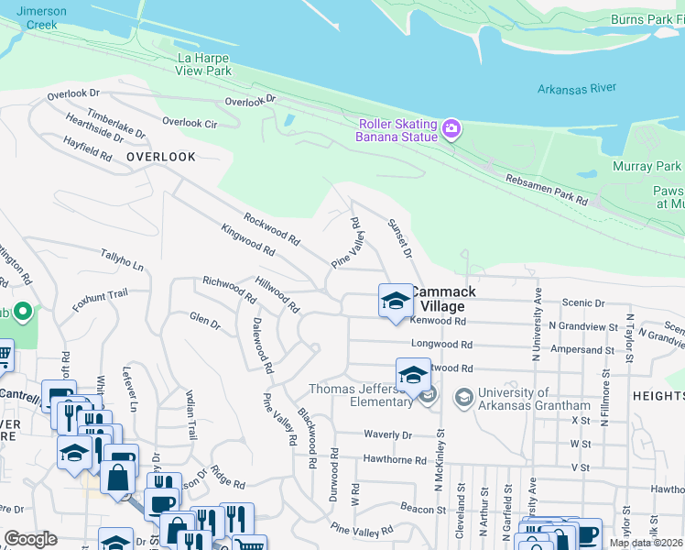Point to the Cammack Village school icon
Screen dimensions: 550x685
click(x=396, y=301)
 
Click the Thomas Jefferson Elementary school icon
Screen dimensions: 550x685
click(x=413, y=376)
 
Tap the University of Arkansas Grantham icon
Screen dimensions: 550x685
click(x=463, y=396)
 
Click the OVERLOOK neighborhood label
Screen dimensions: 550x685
click(x=161, y=157)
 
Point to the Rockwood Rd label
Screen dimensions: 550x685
click(x=272, y=229)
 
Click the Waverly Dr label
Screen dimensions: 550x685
click(x=388, y=434)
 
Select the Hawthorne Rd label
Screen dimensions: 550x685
click(x=395, y=460)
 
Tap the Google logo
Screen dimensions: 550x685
click(x=30, y=539)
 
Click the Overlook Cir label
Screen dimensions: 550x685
click(x=190, y=122)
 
